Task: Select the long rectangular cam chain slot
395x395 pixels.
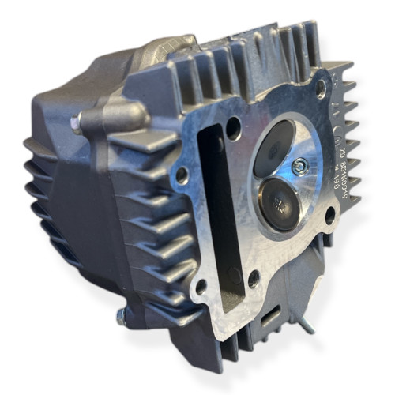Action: click(x=212, y=205)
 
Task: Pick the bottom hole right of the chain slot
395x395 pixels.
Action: click(x=253, y=277)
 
